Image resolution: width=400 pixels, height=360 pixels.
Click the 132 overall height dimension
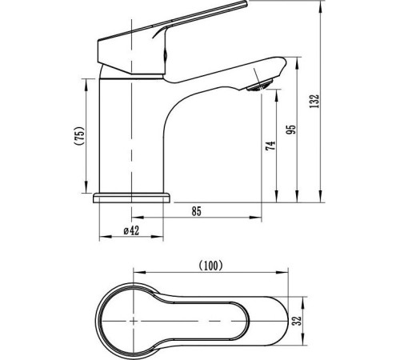pos(314,101)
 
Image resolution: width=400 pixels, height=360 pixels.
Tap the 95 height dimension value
pos(292,130)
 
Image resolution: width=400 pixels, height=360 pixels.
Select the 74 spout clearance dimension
pos(270,146)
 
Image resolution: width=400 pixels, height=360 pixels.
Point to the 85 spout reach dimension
pos(196,211)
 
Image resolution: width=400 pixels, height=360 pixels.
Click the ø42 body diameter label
pos(131,230)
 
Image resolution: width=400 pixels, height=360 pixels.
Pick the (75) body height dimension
pos(79,136)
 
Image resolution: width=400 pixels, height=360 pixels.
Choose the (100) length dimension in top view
pos(210,266)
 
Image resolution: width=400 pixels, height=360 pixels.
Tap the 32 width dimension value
pos(297,321)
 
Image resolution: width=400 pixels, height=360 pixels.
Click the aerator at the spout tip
pos(260,86)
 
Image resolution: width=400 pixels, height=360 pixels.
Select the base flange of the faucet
pos(131,198)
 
